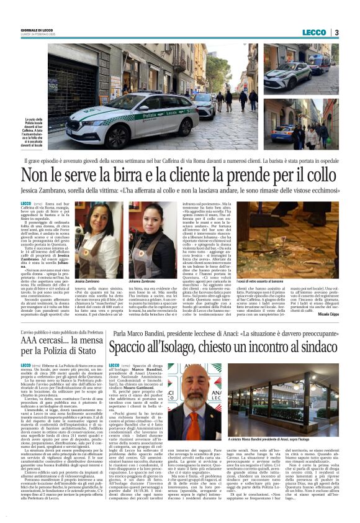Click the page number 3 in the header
coord(336,32)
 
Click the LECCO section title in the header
coord(315,32)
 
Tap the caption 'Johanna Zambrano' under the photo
coord(143,263)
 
